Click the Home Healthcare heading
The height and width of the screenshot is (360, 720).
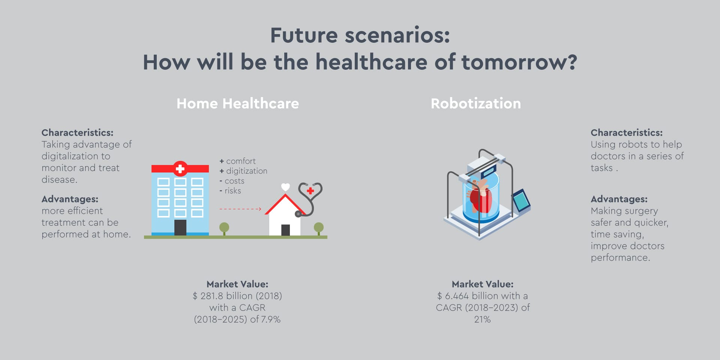(238, 103)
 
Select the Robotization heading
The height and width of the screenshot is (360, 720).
(476, 103)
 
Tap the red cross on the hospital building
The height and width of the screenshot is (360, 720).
(180, 169)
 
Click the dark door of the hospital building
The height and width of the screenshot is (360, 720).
(180, 228)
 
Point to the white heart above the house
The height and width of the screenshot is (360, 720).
(286, 187)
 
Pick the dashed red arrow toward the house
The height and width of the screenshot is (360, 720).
(240, 209)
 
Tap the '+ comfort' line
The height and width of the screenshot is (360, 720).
(237, 161)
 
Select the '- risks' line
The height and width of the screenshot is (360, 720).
(230, 190)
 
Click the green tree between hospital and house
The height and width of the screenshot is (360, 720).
(224, 228)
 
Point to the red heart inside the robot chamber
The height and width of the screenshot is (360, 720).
(480, 197)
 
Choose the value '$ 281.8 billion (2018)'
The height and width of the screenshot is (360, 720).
(237, 296)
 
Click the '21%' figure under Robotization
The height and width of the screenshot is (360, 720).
(483, 319)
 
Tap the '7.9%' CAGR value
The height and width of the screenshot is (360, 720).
(271, 319)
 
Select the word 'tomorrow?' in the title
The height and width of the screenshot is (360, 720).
(519, 62)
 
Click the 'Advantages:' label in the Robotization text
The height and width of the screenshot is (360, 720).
(619, 199)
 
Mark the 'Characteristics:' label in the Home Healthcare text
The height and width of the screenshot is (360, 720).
(77, 133)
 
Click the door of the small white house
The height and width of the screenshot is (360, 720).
(285, 230)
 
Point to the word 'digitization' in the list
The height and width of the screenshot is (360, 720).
(247, 171)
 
